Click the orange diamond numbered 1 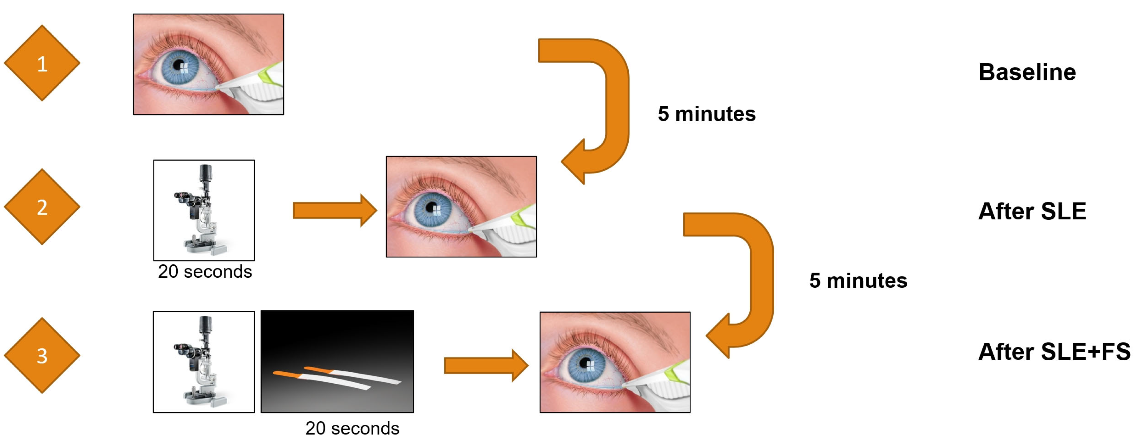click(42, 63)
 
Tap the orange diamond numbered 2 click(42, 207)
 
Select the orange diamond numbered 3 click(42, 356)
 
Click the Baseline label click(1027, 72)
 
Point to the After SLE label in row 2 click(1032, 211)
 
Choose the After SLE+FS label click(1054, 351)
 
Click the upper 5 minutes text click(707, 114)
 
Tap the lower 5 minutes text click(858, 280)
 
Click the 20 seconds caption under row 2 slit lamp click(205, 272)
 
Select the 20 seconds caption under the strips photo click(352, 428)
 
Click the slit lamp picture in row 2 click(204, 210)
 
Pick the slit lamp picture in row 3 click(204, 362)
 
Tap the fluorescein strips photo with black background click(337, 361)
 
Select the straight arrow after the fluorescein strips click(486, 365)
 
